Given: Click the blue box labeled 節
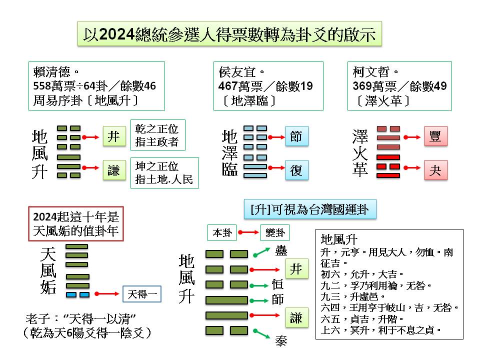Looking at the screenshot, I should click(x=296, y=136).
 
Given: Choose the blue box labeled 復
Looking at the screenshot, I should click(x=296, y=171).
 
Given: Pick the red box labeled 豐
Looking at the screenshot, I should click(x=435, y=136).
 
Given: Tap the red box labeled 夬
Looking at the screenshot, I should click(x=435, y=170).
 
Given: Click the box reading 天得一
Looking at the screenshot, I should click(x=142, y=294).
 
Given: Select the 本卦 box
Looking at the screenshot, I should click(x=222, y=232).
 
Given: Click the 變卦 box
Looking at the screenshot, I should click(x=275, y=232).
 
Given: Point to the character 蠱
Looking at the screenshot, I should click(x=281, y=250).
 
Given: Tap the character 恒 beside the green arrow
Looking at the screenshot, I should click(x=277, y=284).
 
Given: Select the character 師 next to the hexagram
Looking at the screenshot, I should click(x=277, y=300).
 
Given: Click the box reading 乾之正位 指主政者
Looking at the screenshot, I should click(x=157, y=135).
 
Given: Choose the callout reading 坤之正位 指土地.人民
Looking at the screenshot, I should click(x=164, y=173).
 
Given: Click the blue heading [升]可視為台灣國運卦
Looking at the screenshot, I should click(x=309, y=209).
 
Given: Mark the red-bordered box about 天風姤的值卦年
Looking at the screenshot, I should click(x=75, y=224).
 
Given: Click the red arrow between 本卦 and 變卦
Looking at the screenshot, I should click(x=248, y=232).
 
